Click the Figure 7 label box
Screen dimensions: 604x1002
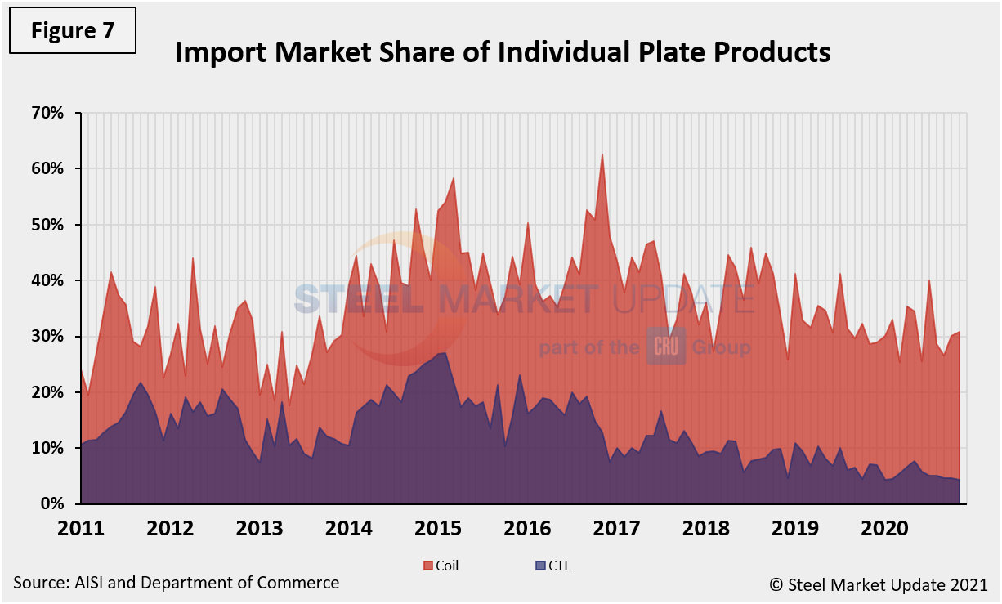tap(73, 30)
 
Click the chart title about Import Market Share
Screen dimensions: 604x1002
tap(503, 52)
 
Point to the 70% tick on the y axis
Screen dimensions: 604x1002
tap(47, 113)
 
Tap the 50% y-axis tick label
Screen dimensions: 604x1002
tap(47, 225)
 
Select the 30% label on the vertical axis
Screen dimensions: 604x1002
tap(47, 337)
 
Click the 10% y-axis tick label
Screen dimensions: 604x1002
tap(47, 449)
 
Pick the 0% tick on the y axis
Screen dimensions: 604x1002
tap(51, 504)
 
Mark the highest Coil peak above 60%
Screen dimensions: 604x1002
tap(602, 154)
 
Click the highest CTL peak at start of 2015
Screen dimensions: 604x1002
tap(442, 353)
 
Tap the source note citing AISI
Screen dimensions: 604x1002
tap(176, 583)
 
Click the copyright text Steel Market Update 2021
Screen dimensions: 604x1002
tap(878, 584)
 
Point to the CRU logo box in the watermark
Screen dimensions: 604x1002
tap(666, 347)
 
